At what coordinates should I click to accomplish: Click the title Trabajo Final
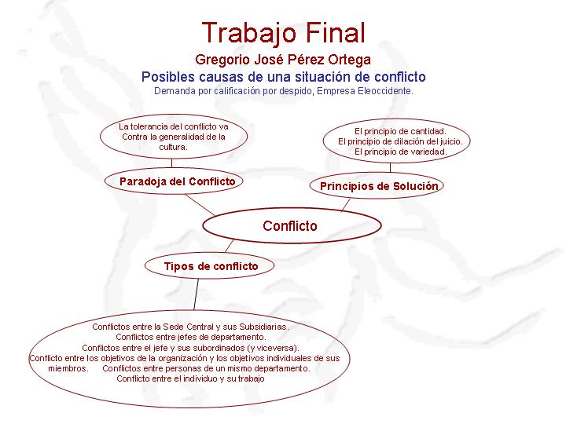coord(284,33)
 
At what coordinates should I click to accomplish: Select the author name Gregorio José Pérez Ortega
coord(283,60)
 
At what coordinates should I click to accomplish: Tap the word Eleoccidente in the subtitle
coord(384,91)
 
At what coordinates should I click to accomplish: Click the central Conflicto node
coord(292,225)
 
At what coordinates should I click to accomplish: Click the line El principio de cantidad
coord(400,131)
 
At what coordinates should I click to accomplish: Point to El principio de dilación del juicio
coord(400,141)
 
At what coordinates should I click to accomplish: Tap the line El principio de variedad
coord(400,152)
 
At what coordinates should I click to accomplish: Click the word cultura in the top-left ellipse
coord(172,147)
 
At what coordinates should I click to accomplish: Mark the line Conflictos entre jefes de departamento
coord(191,337)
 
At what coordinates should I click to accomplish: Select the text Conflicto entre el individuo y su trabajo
coord(190,378)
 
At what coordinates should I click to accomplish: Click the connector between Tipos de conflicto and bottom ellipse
coord(196,294)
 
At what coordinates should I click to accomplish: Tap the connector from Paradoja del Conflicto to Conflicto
coord(200,205)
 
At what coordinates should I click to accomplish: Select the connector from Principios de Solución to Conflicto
coord(346,205)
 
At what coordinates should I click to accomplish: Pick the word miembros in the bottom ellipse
coord(68,368)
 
